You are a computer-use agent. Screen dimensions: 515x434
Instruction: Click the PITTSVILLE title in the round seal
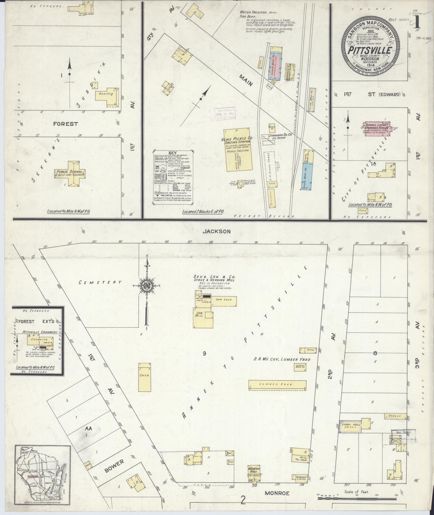click(370, 51)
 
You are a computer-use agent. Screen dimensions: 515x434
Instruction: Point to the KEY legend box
click(172, 178)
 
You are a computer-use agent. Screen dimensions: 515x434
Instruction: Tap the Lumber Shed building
click(277, 384)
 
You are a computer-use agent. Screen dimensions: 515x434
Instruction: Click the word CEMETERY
click(100, 282)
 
